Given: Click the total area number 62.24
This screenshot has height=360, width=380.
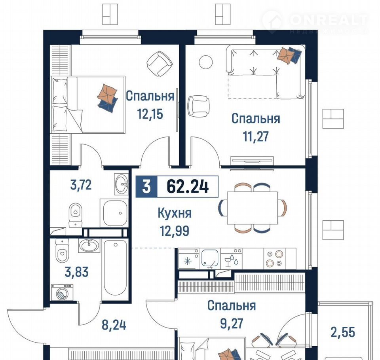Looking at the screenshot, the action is coord(188,187).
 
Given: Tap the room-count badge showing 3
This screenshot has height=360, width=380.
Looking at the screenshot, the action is coord(146,187).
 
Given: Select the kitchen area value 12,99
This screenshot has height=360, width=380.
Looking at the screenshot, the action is coord(175,231).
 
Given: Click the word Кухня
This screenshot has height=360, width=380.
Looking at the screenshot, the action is coord(175,214).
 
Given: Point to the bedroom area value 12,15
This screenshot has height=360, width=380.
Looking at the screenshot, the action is coord(150,114).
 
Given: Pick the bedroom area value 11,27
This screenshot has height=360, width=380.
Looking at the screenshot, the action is coord(256,136).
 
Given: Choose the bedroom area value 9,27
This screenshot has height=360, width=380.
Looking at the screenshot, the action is coord(232,324).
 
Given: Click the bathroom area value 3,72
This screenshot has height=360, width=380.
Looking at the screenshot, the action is coord(81,185).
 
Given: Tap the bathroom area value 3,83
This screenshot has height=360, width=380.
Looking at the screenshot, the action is coord(76,272).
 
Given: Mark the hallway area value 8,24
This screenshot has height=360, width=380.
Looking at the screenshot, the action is coord(114,325).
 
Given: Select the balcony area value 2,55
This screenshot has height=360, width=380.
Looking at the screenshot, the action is coord(343,332).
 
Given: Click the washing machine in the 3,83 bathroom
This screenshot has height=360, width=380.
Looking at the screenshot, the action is coord(62,292).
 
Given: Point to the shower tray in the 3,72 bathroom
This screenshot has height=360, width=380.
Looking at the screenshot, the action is coord(114,213).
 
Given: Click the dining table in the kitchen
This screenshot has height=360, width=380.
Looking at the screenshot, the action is coord(252,208).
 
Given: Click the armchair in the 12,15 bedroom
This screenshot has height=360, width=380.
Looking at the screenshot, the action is coord(160,63).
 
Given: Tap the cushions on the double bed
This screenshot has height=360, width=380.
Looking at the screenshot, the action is coord(108,98).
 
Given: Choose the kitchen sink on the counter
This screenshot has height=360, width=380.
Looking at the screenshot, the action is coord(210,258).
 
